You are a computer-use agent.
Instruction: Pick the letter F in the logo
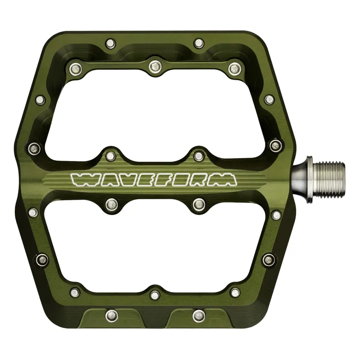pos(163,180)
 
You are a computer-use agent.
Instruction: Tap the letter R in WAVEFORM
pos(201,180)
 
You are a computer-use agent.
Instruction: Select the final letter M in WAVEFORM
pos(224,180)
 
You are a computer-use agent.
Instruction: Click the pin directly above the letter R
pos(198,156)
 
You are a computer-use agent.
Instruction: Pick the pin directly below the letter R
pos(198,205)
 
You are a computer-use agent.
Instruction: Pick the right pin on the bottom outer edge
pos(198,316)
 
